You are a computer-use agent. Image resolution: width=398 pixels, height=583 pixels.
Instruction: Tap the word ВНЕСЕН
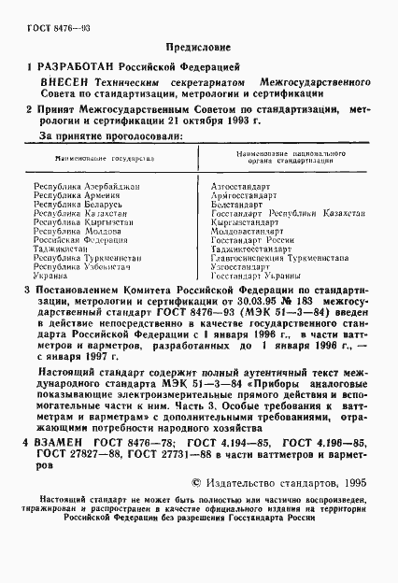[x=60, y=84]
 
